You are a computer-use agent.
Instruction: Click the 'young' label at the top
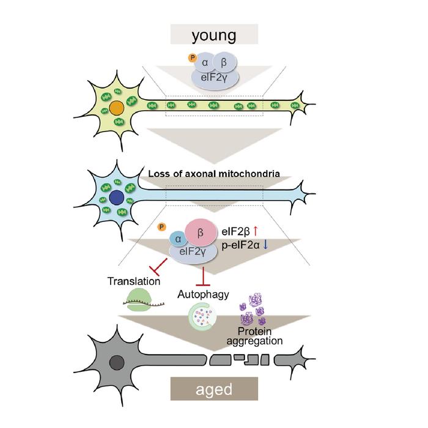coord(214,35)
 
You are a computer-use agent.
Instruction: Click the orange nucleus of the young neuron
coord(116,109)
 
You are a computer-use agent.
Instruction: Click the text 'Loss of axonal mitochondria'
coord(214,174)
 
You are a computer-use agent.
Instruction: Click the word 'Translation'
coord(133,282)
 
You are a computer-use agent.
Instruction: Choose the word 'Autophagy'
coord(203,294)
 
